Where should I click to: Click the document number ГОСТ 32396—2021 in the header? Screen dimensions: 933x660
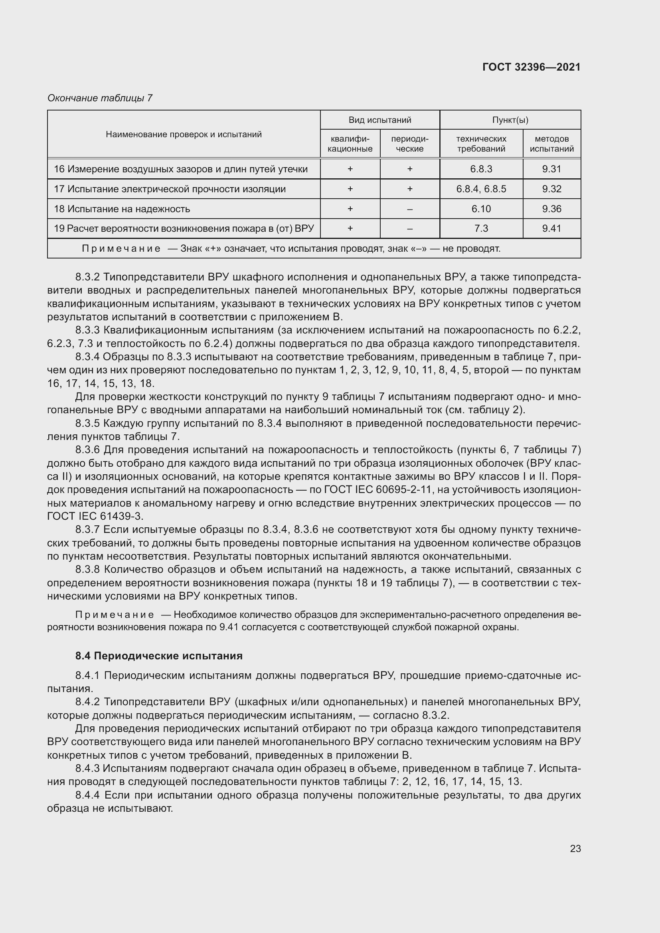tap(531, 67)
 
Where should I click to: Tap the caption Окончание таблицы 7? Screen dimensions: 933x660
tap(100, 98)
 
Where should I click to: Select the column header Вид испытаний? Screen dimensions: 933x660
tap(379, 120)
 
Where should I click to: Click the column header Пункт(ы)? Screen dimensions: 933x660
tap(510, 120)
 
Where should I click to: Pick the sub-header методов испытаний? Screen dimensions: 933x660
tap(551, 144)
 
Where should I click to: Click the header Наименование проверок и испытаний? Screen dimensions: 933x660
tap(184, 134)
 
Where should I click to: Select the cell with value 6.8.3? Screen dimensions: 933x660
tap(481, 169)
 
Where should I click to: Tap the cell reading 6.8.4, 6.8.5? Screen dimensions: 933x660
tap(481, 189)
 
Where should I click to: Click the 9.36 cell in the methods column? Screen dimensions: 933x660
tap(551, 209)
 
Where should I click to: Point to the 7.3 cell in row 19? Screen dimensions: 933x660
tap(481, 229)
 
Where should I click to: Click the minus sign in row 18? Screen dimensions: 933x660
tap(410, 209)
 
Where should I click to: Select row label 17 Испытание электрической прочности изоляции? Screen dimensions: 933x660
tap(170, 189)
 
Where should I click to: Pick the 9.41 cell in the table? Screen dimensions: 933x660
tap(551, 229)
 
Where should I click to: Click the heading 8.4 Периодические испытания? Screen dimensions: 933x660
tap(159, 656)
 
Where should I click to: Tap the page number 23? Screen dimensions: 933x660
tap(575, 848)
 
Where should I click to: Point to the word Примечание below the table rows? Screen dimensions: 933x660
tap(121, 248)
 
